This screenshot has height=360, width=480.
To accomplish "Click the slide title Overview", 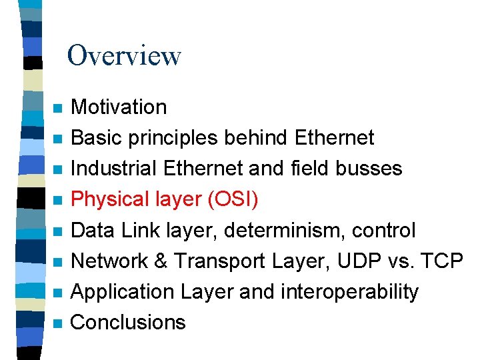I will click(124, 55).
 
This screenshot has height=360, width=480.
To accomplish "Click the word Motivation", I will click(119, 107).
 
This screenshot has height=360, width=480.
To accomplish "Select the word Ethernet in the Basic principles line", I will click(334, 138).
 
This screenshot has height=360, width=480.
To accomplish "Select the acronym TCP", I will click(442, 261).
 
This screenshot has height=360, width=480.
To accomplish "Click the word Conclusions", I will click(128, 323).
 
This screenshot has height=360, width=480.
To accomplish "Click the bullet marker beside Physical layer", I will click(58, 201).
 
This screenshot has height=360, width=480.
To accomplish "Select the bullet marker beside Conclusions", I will click(58, 324).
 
